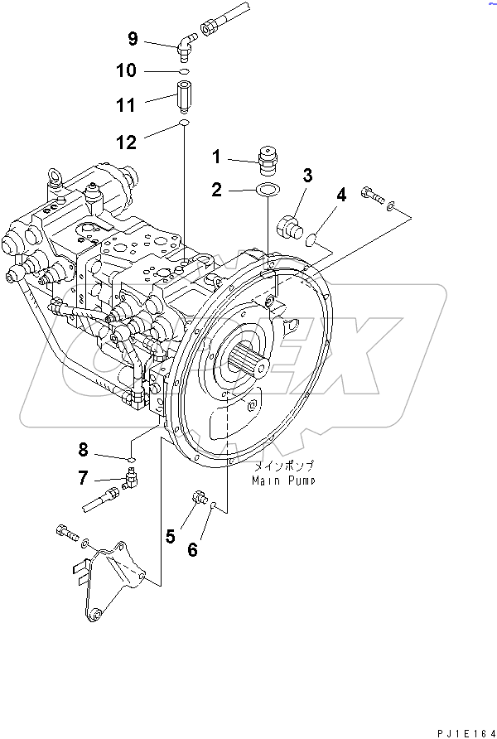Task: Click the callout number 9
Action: pyautogui.click(x=133, y=38)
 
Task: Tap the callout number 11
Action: pyautogui.click(x=125, y=105)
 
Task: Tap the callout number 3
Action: pyautogui.click(x=306, y=175)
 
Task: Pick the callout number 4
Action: pyautogui.click(x=340, y=196)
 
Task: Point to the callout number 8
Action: pyautogui.click(x=83, y=450)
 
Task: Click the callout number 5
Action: pyautogui.click(x=170, y=537)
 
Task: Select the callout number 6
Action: pyautogui.click(x=192, y=548)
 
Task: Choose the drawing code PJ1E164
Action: pyautogui.click(x=466, y=732)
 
